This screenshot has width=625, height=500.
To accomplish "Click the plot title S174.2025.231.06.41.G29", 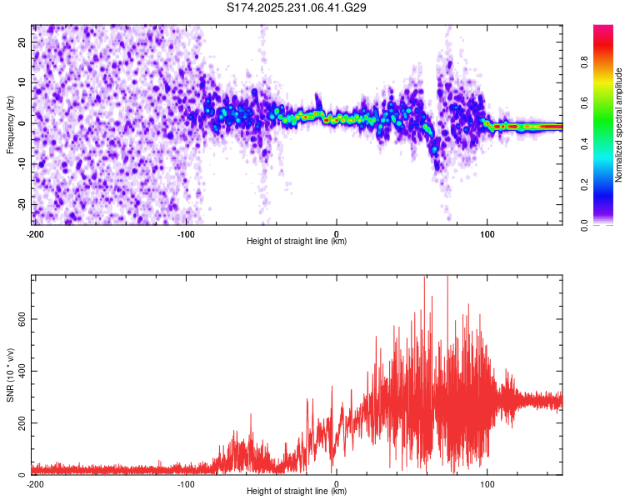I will click(297, 8).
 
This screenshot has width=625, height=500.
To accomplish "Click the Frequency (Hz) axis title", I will click(10, 124).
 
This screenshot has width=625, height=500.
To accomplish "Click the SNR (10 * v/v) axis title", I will click(10, 375).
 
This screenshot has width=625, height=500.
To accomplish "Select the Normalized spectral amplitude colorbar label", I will click(619, 125).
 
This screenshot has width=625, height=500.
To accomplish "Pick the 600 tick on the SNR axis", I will click(19, 319).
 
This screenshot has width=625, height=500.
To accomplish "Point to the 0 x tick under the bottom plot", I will click(337, 484).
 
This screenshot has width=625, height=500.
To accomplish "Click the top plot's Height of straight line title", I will click(297, 242).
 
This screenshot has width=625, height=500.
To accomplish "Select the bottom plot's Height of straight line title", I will click(297, 492).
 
